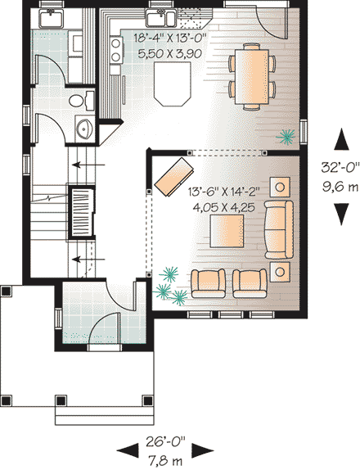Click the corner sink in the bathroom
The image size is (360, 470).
[84, 129]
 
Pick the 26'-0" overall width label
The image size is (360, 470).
[167, 440]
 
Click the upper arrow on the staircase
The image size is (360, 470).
[81, 165]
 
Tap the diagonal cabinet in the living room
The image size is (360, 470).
[174, 175]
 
